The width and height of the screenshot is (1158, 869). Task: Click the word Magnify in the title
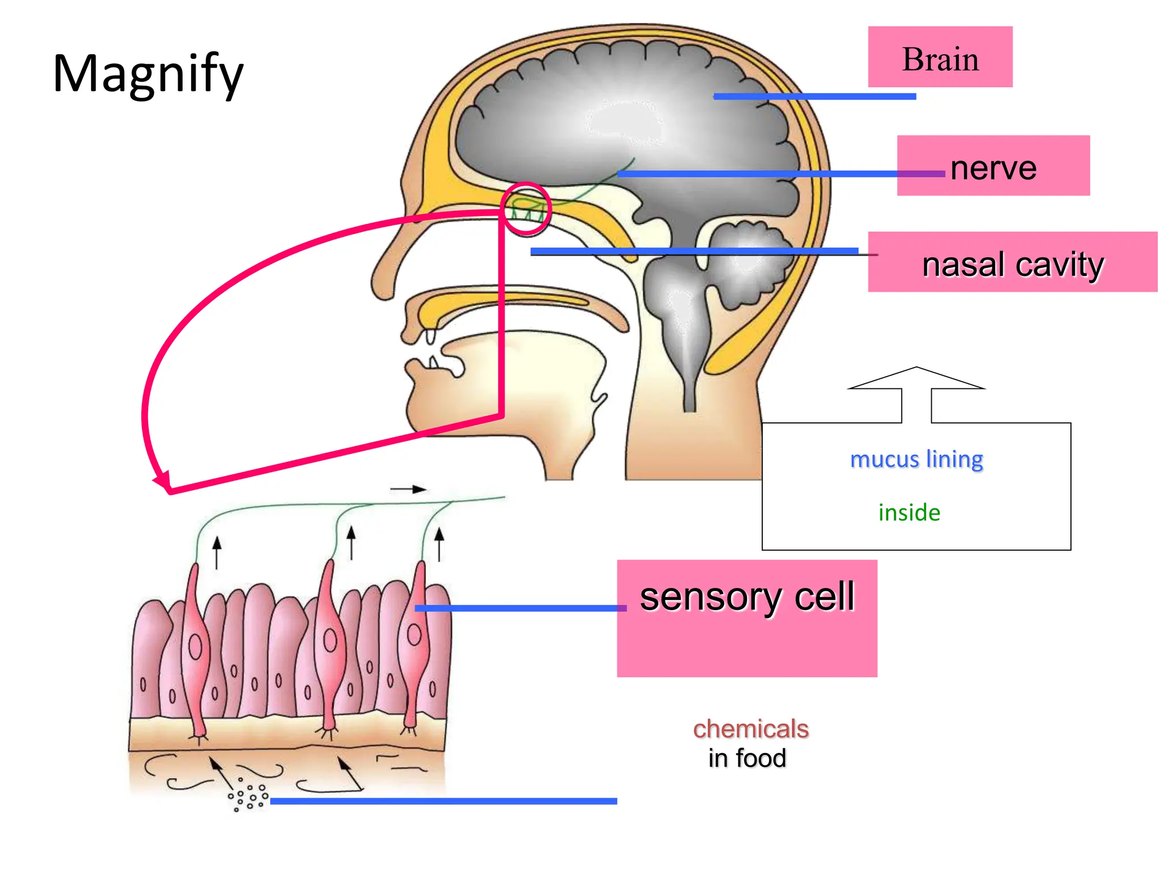148,74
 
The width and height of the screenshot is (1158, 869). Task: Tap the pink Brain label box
940,57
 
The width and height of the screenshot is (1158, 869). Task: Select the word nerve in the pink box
993,168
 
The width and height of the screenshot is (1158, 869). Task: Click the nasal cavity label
1012,264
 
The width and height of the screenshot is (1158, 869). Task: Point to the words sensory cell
747,597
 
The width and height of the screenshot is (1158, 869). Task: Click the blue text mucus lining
916,459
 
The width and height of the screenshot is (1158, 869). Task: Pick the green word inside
909,512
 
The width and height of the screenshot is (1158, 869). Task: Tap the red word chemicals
750,729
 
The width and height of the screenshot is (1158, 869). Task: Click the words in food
747,758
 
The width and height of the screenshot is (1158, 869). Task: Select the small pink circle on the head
526,209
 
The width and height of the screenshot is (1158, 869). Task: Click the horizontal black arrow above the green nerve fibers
408,489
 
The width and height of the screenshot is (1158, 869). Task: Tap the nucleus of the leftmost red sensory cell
195,647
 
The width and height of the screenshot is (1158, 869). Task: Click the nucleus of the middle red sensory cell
330,641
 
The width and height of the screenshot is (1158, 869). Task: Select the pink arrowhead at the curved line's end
163,481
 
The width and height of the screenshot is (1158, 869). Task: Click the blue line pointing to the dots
443,801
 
